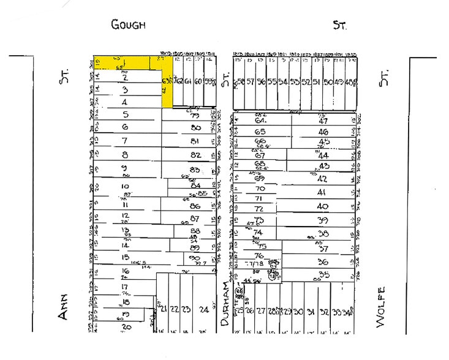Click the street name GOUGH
[x=128, y=24]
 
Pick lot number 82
[x=195, y=155]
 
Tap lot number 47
[x=323, y=121]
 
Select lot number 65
[x=260, y=132]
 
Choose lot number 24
[x=204, y=309]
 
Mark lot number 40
[x=323, y=206]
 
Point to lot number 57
[x=251, y=81]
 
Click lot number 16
[x=126, y=271]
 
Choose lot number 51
[x=316, y=81]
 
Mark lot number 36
[x=323, y=262]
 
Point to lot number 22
[x=174, y=309]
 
